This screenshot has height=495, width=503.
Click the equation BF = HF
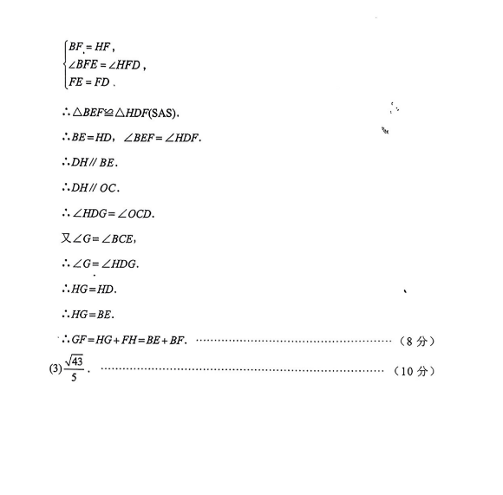pos(90,47)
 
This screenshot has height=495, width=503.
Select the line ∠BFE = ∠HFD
pos(105,65)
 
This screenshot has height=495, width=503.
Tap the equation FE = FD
pos(89,82)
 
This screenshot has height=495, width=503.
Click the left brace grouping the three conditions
pos(66,64)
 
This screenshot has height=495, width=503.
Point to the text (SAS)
pos(162,113)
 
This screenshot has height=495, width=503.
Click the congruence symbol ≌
pos(108,113)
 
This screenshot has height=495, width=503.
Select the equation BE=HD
pos(91,138)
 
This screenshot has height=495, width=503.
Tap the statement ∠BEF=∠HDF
pos(161,138)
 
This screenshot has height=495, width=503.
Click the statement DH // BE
pos(93,162)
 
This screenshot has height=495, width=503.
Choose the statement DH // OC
pos(94,188)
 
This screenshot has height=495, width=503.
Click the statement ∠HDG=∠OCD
pos(113,213)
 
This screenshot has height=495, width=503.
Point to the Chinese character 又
pos(66,238)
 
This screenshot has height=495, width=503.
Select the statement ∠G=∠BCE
pos(102,239)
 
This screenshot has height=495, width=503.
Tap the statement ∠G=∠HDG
pos(104,264)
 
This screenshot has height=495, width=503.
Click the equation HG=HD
pos(93,290)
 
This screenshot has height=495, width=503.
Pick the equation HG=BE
pos(91,315)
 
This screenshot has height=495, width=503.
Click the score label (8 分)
pos(417,341)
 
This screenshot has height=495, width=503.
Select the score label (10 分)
pos(414,371)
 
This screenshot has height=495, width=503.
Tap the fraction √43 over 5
pos(74,368)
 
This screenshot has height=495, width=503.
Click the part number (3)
pos(56,368)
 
